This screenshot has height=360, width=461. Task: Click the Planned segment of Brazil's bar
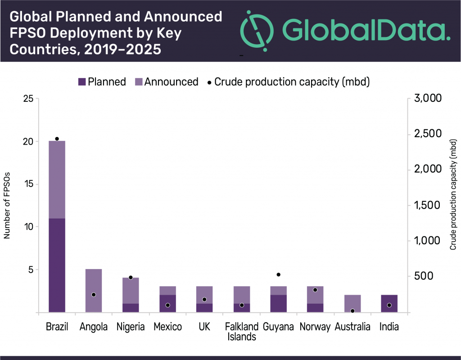(x=57, y=265)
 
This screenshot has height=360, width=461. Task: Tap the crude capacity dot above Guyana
(x=278, y=274)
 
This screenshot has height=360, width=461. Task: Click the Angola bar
(x=94, y=291)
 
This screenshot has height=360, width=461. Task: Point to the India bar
(x=389, y=303)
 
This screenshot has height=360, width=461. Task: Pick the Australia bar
(x=352, y=303)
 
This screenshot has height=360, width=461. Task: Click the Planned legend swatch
(x=82, y=82)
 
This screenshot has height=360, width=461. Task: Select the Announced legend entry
(x=167, y=82)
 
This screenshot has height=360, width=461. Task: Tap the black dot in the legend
(x=208, y=82)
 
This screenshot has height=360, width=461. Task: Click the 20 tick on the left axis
(x=28, y=141)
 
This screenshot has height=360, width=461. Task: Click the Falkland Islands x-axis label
(x=242, y=332)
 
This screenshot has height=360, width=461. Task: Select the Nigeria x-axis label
(x=131, y=327)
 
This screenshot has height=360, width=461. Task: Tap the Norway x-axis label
(x=315, y=327)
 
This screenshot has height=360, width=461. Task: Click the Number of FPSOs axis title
(x=7, y=205)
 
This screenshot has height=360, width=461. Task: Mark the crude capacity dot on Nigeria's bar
(x=131, y=278)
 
